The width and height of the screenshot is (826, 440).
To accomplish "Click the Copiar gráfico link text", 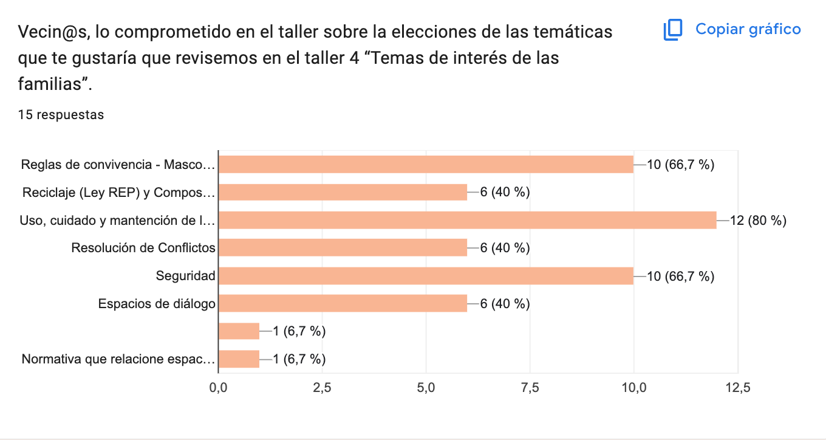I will click(x=748, y=29).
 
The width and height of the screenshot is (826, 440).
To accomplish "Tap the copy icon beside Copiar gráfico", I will click(x=673, y=30).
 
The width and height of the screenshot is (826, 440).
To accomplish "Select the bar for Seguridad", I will click(x=425, y=276).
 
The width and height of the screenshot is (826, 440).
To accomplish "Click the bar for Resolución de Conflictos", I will click(x=343, y=248).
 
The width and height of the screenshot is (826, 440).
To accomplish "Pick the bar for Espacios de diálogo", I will click(x=343, y=303).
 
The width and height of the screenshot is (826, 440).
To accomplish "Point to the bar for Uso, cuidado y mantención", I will click(x=467, y=220).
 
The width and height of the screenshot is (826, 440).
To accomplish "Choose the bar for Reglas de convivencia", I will click(x=425, y=164).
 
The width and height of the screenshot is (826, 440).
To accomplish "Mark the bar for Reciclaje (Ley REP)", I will click(x=343, y=192).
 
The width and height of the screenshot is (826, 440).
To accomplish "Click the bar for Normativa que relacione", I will click(x=239, y=359).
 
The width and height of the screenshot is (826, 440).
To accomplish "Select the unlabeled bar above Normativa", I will click(x=239, y=331).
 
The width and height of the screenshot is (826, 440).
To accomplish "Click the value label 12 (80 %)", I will click(x=758, y=220).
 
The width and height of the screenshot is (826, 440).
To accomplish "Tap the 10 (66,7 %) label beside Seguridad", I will click(x=680, y=276).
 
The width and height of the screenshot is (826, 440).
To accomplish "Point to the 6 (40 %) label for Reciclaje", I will click(x=505, y=192).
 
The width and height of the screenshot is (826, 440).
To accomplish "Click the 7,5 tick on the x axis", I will click(x=530, y=388).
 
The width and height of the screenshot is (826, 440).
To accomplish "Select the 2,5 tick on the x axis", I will click(x=322, y=388).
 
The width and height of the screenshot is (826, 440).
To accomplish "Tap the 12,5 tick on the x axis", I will click(x=737, y=388).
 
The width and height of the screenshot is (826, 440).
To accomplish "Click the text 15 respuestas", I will click(x=61, y=115).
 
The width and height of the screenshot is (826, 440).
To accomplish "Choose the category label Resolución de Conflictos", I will click(x=143, y=248).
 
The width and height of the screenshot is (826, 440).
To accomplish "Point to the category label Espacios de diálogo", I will click(x=157, y=303).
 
